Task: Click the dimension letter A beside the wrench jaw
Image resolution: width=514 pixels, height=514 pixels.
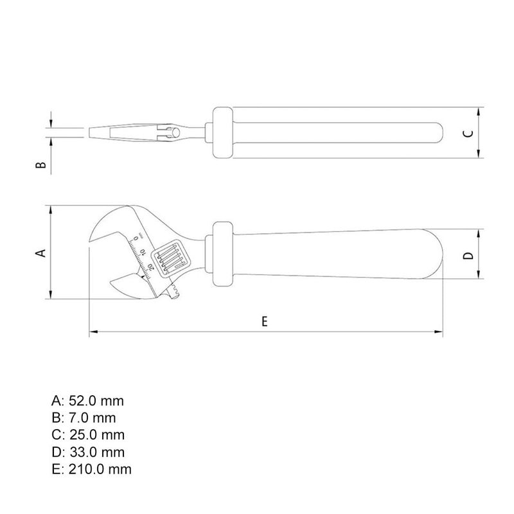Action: (41, 253)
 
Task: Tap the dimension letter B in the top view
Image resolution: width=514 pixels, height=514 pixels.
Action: (40, 164)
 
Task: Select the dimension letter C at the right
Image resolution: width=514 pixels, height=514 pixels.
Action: (469, 134)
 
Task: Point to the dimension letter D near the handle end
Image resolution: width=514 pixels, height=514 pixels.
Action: (469, 255)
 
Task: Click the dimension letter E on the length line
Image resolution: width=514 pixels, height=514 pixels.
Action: (265, 322)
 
